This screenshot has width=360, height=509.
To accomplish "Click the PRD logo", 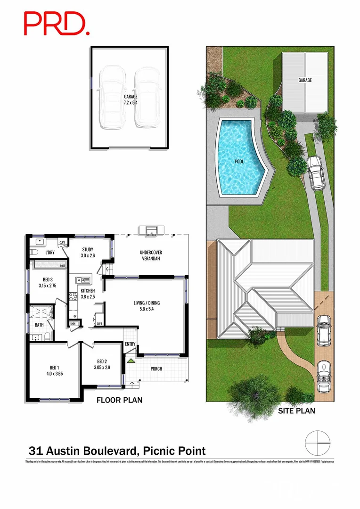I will coord(56,24).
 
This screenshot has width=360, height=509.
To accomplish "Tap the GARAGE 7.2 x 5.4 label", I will coord(131,99).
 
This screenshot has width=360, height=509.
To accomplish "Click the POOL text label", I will coord(239,161).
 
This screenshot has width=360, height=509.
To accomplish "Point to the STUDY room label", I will coord(87,253).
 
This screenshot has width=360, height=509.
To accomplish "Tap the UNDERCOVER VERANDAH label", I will coord(151,255).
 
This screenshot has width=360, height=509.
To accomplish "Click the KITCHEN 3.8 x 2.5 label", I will coord(88,294).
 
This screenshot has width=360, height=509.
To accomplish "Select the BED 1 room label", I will coord(54,370).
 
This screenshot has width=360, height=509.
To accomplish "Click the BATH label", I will coord(39,325).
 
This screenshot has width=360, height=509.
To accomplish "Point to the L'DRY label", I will coord(50,253).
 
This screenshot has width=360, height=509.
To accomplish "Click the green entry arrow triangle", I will coord(131,361).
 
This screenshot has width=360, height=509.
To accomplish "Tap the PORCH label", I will coord(156,369).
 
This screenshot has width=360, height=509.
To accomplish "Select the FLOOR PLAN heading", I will coord(119,401).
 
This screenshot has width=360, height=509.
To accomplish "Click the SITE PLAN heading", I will coord(296,411).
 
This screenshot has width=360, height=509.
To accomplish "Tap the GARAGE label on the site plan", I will coord(305,80).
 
